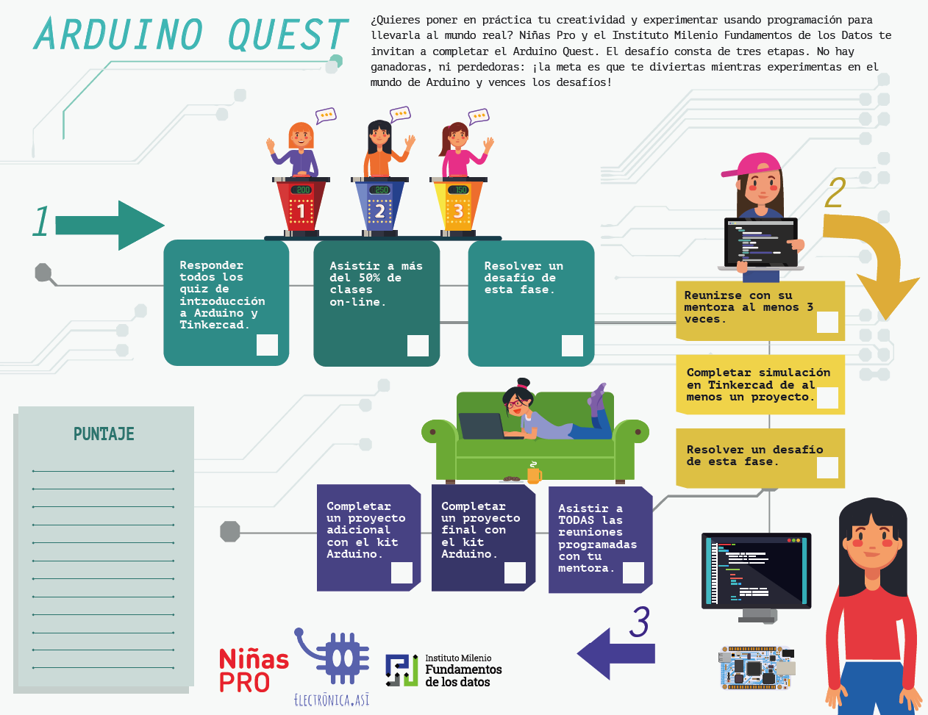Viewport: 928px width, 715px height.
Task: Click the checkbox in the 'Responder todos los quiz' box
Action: (267, 345)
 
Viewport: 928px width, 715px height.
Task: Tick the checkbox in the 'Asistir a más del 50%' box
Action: (418, 345)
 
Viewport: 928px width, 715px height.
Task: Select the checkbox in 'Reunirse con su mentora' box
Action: (827, 322)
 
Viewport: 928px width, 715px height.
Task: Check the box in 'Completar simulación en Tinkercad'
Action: (827, 398)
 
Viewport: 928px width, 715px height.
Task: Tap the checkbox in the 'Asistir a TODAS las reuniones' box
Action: (633, 572)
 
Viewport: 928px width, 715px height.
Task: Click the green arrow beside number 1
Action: (110, 225)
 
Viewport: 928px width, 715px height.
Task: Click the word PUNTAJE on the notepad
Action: (104, 434)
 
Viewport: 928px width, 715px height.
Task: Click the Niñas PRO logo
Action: (253, 669)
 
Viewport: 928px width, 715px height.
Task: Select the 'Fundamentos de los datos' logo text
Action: (463, 670)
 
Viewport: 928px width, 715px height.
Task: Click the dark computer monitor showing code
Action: (756, 571)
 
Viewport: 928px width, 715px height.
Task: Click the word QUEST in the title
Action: (288, 35)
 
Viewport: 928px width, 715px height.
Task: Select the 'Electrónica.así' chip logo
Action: (335, 665)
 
